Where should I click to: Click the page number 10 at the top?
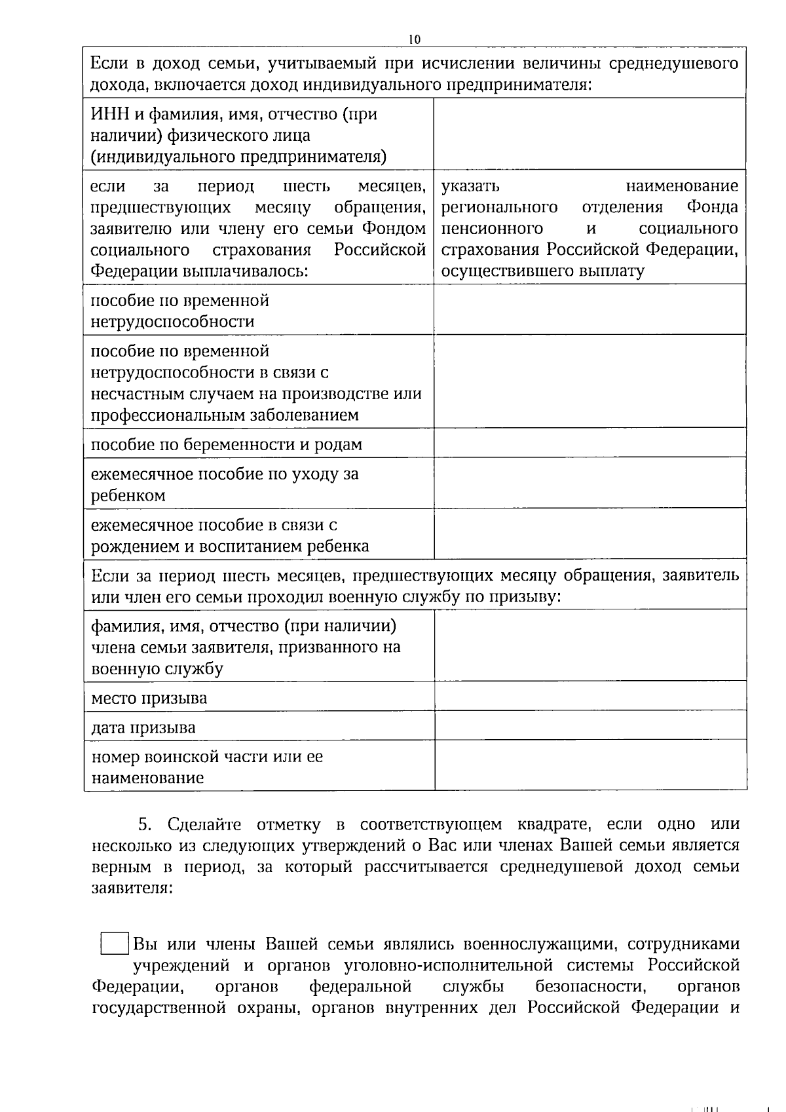point(414,39)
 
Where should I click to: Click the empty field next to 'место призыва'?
point(589,695)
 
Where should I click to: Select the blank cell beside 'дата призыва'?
point(589,725)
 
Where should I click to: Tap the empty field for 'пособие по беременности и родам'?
point(589,443)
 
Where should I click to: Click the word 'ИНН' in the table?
point(105,115)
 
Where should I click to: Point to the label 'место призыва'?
point(149,698)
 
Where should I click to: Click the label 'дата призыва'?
point(143,727)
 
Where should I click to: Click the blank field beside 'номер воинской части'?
point(589,765)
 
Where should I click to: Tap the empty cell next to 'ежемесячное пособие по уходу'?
point(589,483)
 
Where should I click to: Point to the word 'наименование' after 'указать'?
point(681,186)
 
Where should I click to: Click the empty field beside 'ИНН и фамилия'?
point(589,134)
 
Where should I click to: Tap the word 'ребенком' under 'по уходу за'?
point(128,495)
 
